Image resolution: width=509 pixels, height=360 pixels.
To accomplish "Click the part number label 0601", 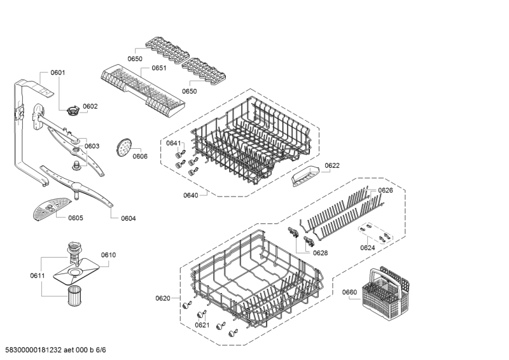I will pyautogui.click(x=57, y=73).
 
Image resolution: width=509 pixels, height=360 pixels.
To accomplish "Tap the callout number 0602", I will pyautogui.click(x=90, y=106).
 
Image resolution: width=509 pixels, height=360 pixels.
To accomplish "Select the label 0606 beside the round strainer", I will pyautogui.click(x=140, y=156).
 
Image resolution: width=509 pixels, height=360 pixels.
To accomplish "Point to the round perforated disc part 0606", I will pyautogui.click(x=122, y=148).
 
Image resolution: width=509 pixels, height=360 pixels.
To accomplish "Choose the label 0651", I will pyautogui.click(x=158, y=69).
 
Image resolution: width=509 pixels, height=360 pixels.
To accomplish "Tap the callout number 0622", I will pyautogui.click(x=332, y=165).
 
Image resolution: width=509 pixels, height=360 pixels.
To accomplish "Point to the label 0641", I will pyautogui.click(x=174, y=143).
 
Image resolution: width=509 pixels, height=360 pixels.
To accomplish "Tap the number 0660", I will pyautogui.click(x=350, y=293).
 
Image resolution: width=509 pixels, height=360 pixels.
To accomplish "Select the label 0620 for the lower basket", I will pyautogui.click(x=163, y=298).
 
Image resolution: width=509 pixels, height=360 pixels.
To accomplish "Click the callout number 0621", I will pyautogui.click(x=202, y=325).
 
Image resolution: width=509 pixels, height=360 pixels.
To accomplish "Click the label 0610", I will pyautogui.click(x=108, y=255).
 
